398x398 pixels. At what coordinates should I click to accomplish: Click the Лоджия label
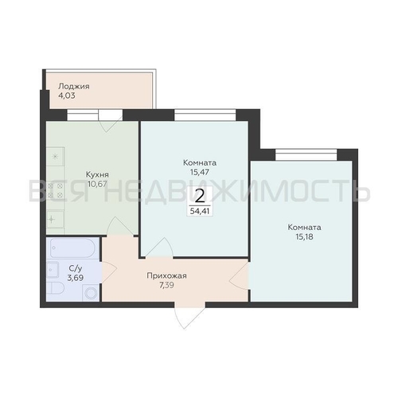(74, 87)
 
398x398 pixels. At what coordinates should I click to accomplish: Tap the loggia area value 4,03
(67, 96)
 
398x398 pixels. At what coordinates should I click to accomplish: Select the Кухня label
(97, 174)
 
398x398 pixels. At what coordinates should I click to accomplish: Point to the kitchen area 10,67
(97, 184)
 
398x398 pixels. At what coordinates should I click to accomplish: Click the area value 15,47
(200, 172)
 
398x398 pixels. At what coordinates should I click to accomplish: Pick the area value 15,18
(304, 236)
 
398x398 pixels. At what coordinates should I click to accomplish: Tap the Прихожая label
(166, 276)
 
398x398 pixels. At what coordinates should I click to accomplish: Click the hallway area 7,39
(166, 286)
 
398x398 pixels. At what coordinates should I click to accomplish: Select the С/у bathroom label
(76, 268)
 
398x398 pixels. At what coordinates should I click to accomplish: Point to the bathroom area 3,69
(76, 278)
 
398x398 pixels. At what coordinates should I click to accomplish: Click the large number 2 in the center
(200, 197)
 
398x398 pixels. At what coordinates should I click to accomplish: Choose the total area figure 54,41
(200, 211)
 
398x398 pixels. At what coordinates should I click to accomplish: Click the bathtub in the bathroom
(72, 248)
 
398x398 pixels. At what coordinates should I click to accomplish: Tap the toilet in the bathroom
(55, 288)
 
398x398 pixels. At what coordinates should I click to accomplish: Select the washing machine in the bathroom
(91, 293)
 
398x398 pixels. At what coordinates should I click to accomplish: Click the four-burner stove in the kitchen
(56, 190)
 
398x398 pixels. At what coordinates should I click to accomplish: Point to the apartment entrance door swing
(189, 317)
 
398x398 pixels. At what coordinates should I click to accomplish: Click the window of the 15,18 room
(306, 154)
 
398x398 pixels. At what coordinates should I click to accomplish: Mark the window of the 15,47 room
(205, 115)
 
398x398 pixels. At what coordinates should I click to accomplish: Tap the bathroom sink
(53, 270)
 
